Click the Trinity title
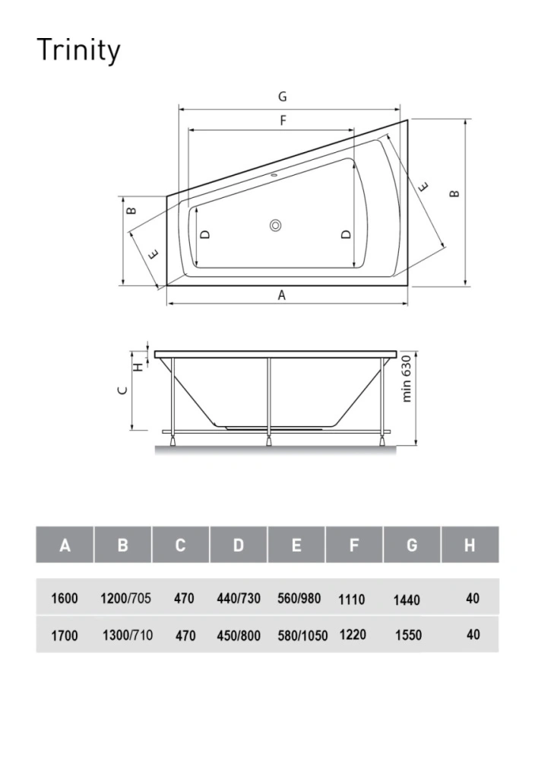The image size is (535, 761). point(78,51)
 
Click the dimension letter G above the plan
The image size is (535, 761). point(282,97)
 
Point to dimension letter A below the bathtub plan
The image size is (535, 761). point(281,295)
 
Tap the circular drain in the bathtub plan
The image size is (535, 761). point(275,225)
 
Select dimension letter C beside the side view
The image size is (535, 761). point(123,390)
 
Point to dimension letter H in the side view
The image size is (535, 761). point(138,366)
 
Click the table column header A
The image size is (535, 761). point(65,545)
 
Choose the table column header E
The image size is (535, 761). point(296,545)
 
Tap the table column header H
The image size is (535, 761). point(470,545)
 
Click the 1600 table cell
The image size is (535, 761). point(65,599)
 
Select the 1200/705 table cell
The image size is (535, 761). point(125,599)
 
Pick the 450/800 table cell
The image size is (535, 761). point(239,635)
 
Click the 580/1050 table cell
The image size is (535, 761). point(302,635)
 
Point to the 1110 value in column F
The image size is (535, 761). point(351,600)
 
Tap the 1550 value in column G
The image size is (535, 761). point(408,635)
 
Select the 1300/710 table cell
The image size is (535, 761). point(127,635)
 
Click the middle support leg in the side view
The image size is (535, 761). point(268,396)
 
